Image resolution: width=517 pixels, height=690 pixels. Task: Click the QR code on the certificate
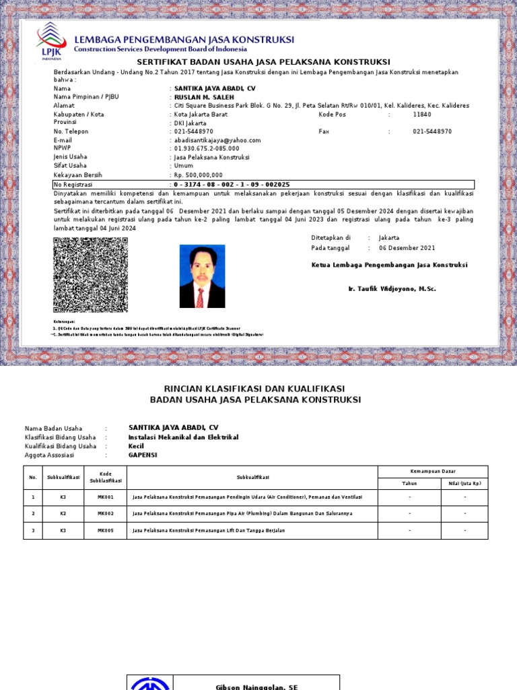90,274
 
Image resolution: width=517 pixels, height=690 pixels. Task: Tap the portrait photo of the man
202,276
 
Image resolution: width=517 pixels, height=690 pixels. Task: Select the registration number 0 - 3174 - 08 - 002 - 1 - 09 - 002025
232,185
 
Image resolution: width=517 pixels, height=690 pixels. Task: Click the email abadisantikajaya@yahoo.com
217,140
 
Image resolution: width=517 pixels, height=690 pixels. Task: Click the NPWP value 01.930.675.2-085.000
207,148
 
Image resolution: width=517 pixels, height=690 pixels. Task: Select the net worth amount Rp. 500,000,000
198,175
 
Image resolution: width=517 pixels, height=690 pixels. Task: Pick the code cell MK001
106,497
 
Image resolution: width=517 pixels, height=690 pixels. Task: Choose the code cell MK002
106,513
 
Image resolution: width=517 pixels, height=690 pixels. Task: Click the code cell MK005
106,530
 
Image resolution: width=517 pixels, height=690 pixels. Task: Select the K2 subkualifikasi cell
63,513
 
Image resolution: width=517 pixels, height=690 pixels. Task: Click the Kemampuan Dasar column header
433,471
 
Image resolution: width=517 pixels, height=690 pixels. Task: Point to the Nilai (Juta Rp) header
464,483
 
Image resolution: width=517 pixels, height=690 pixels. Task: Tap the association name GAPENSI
143,455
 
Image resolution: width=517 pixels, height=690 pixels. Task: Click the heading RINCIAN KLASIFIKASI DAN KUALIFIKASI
255,389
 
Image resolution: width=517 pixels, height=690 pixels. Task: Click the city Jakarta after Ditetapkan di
389,238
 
